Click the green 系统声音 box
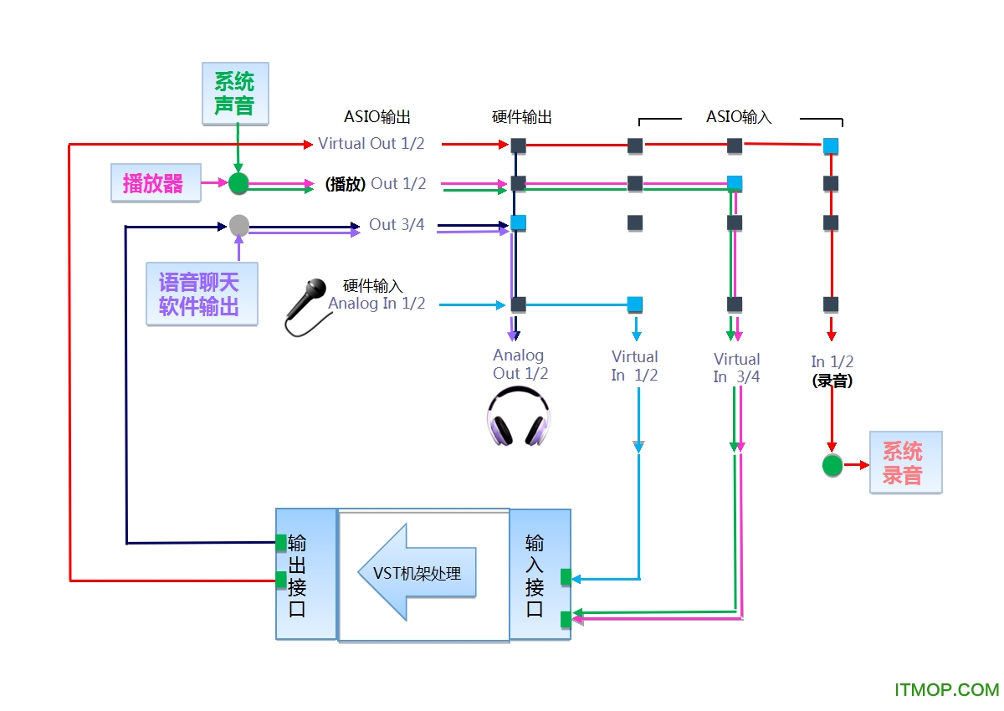click(x=235, y=94)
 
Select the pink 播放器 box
click(x=156, y=183)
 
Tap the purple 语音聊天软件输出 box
click(x=201, y=294)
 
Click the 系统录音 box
click(x=905, y=463)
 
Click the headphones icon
click(x=519, y=419)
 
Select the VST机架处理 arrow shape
click(x=417, y=573)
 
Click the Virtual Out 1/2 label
click(x=371, y=144)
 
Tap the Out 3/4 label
click(x=397, y=224)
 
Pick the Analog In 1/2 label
click(x=376, y=304)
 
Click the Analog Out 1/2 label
click(x=520, y=365)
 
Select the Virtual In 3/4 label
click(x=736, y=367)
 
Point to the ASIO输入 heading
click(x=739, y=117)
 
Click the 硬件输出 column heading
click(x=522, y=117)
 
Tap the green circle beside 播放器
click(x=239, y=183)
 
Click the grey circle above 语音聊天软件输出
click(x=239, y=224)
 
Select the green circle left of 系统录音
click(x=832, y=465)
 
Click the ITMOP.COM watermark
click(x=946, y=690)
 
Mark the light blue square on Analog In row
click(x=635, y=304)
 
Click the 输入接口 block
click(x=540, y=575)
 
